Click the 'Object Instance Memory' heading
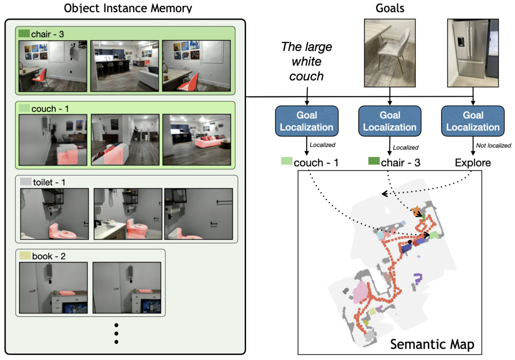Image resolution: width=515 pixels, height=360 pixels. pyautogui.click(x=128, y=8)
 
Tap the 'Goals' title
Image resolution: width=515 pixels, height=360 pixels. pyautogui.click(x=390, y=8)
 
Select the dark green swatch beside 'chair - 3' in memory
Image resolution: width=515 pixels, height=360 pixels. pyautogui.click(x=24, y=34)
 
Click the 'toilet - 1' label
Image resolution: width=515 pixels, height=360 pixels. pyautogui.click(x=49, y=182)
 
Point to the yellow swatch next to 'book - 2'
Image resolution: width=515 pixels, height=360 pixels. pyautogui.click(x=25, y=256)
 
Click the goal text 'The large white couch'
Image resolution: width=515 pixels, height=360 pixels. pyautogui.click(x=307, y=62)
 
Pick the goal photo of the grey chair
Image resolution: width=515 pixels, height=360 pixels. pyautogui.click(x=390, y=53)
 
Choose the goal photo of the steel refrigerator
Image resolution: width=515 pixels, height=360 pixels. pyautogui.click(x=473, y=53)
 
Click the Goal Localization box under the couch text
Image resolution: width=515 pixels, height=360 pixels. pyautogui.click(x=307, y=121)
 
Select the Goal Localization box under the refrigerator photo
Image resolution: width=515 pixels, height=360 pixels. pyautogui.click(x=473, y=121)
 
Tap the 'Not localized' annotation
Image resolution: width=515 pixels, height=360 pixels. pyautogui.click(x=493, y=146)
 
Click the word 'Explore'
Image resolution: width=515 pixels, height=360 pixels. pyautogui.click(x=473, y=163)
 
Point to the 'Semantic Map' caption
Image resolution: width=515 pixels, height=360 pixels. pyautogui.click(x=432, y=344)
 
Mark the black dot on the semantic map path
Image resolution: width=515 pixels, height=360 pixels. pyautogui.click(x=410, y=242)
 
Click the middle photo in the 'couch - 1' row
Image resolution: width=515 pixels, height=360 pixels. pyautogui.click(x=125, y=140)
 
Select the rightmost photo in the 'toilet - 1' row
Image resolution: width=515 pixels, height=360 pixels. pyautogui.click(x=199, y=214)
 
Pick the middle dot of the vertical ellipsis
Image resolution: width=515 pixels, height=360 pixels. pyautogui.click(x=116, y=334)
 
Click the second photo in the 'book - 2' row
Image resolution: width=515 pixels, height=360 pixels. pyautogui.click(x=127, y=288)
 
